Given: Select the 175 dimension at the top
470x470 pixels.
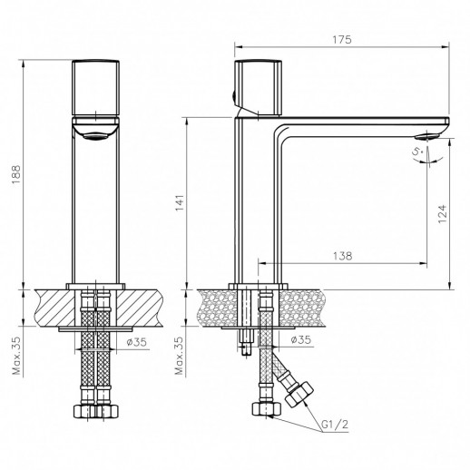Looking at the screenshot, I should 342,40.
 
